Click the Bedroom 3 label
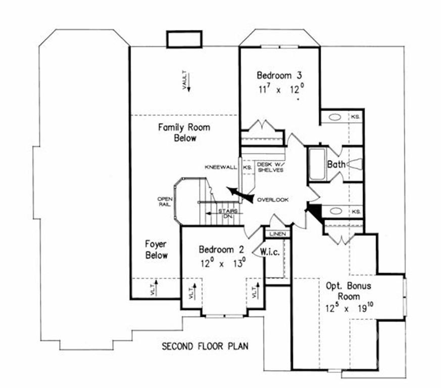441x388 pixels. [279, 75]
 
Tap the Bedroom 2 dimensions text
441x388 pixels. [223, 263]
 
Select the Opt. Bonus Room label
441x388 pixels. [349, 291]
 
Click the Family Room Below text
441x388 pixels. [184, 132]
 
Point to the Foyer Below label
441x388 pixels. [157, 250]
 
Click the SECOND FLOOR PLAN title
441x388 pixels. [205, 346]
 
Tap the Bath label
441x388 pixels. [336, 164]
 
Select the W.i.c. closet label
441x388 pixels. [270, 252]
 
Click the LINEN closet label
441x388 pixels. [278, 234]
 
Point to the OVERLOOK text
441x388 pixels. [273, 200]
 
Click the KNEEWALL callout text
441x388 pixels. [221, 167]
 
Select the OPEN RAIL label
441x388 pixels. [165, 202]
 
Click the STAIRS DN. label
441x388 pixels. [228, 214]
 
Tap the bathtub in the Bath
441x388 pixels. [317, 164]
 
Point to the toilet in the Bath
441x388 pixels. [355, 164]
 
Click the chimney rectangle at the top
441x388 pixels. [184, 39]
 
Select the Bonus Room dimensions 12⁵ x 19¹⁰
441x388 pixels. [349, 308]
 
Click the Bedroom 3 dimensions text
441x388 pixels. [281, 89]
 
